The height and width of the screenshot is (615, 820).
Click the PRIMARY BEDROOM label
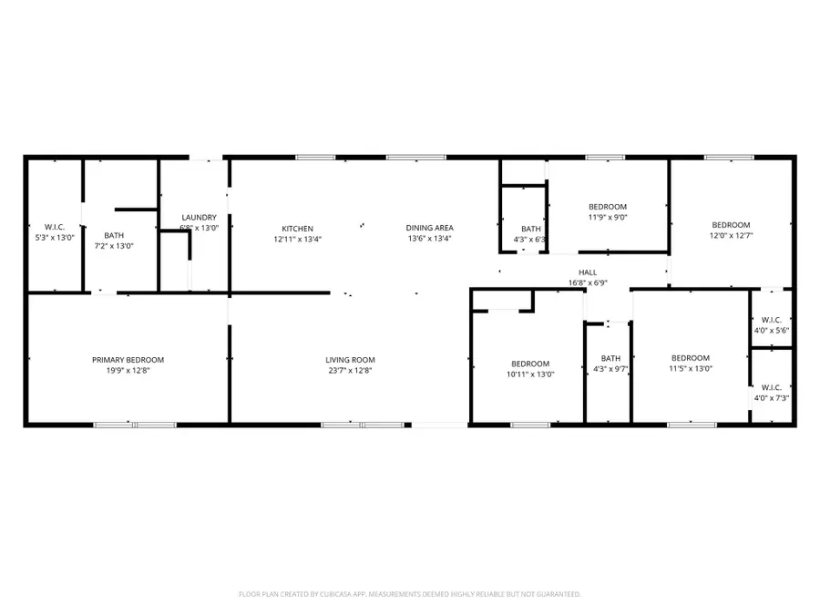pos(128,360)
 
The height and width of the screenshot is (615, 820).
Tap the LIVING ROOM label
pos(350,360)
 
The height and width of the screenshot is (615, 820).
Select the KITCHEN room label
pos(297,228)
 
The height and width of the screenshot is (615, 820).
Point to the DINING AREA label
pos(429,228)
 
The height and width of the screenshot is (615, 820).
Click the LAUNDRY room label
pos(198,217)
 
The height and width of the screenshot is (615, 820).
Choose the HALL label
pos(588,272)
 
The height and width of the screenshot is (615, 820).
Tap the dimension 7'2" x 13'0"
pos(114,246)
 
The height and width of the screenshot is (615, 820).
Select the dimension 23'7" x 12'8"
pos(350,371)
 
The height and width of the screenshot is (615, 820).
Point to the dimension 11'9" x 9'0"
pos(608,218)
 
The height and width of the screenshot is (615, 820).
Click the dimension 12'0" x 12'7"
pos(731,236)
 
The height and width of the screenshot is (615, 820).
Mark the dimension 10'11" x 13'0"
pos(529,374)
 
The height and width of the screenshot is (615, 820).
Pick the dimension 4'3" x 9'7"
pos(610,369)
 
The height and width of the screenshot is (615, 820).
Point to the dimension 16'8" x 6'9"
pos(588,282)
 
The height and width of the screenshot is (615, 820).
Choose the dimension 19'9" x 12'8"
pos(128,371)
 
